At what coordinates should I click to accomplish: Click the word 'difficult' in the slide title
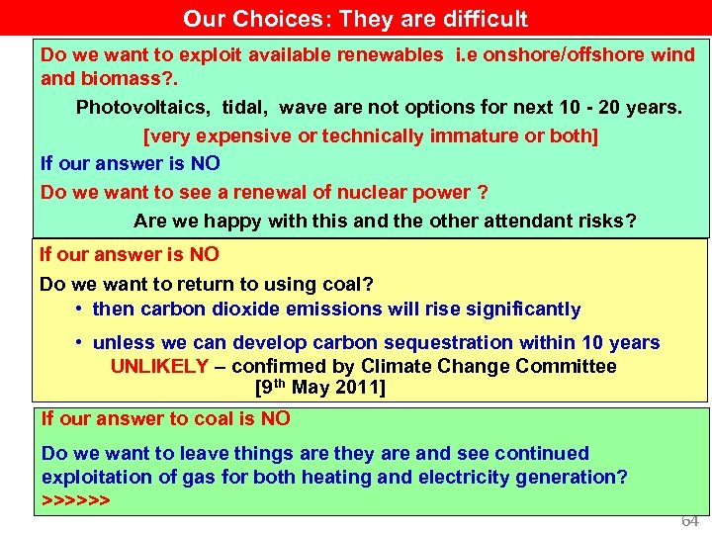[481, 19]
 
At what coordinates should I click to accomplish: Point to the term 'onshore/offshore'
[548, 54]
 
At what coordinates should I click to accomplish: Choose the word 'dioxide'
[252, 310]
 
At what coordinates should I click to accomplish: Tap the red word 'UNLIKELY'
[159, 367]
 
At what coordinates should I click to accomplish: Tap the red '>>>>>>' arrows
[75, 500]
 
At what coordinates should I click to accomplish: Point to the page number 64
[689, 521]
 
